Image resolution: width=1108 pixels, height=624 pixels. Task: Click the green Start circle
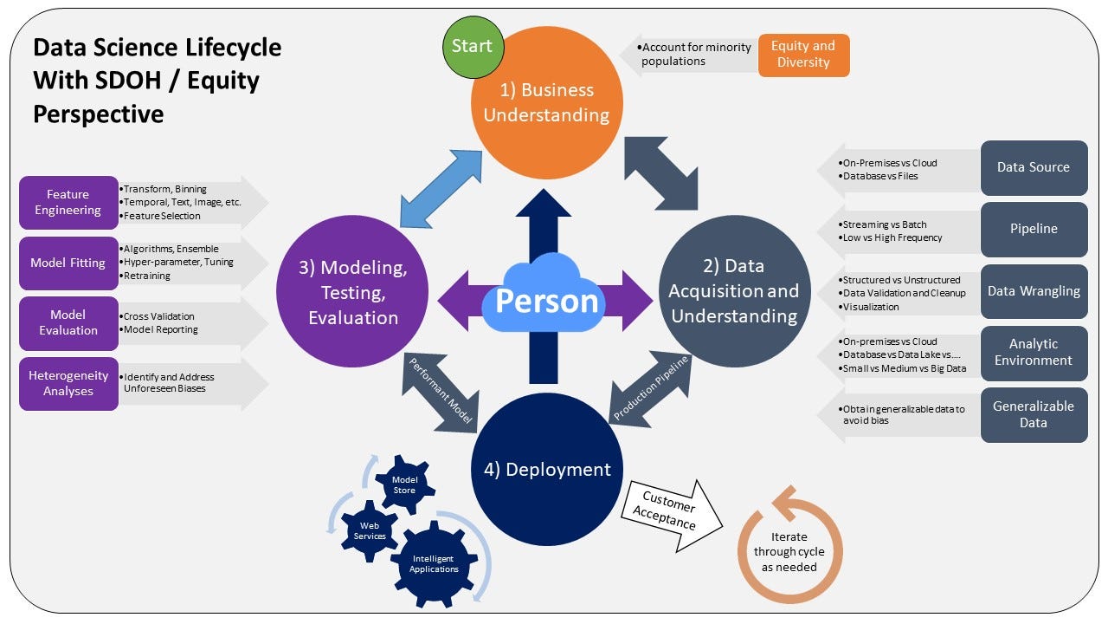tap(472, 46)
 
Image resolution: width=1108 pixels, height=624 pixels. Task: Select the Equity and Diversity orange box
tap(803, 55)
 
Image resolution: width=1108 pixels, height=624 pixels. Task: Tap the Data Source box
tap(1034, 167)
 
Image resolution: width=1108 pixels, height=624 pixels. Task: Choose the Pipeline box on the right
tap(1034, 229)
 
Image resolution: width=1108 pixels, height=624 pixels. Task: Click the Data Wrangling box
tap(1034, 291)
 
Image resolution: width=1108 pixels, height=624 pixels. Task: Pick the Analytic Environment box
tap(1034, 353)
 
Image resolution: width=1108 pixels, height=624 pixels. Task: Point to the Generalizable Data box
tap(1034, 414)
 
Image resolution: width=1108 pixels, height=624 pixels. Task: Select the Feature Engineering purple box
tap(68, 203)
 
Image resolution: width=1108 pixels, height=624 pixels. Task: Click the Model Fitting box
tap(68, 263)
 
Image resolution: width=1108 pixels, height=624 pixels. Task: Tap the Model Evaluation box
tap(68, 322)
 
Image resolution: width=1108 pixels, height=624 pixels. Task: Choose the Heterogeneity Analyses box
tap(68, 383)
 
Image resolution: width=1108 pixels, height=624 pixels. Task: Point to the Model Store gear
tap(404, 484)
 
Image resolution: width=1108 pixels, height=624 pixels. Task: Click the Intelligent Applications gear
tap(435, 563)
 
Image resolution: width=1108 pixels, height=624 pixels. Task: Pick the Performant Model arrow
tap(442, 393)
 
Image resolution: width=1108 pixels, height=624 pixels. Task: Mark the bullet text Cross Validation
tap(159, 316)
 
